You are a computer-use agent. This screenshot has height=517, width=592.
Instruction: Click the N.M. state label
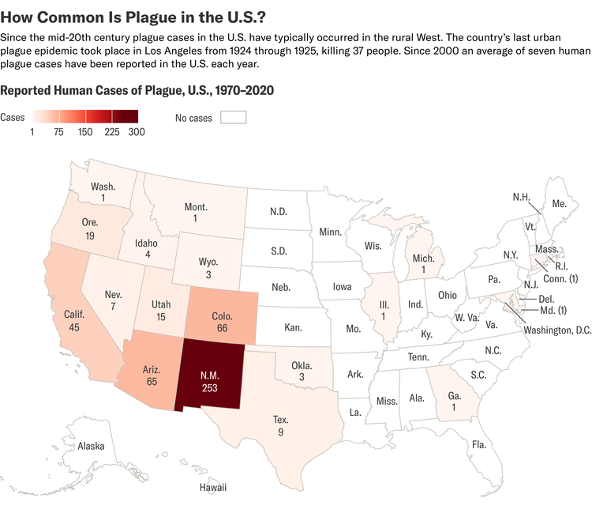click(x=210, y=373)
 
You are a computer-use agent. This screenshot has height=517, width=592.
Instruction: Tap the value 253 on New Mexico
click(x=210, y=387)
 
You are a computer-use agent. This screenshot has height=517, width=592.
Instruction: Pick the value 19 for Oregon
click(x=90, y=236)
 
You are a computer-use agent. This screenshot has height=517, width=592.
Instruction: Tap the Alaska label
click(x=91, y=447)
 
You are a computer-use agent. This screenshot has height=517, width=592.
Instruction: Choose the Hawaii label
click(x=212, y=488)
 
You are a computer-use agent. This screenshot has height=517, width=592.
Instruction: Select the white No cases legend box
click(x=234, y=118)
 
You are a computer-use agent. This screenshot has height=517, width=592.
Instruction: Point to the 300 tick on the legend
click(x=137, y=132)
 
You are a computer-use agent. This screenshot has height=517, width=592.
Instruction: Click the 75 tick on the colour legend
click(x=58, y=132)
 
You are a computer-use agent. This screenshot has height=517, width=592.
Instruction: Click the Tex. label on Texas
click(x=281, y=421)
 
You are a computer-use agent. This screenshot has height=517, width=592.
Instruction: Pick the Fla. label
click(x=478, y=444)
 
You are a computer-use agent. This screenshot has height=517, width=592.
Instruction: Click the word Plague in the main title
click(x=122, y=15)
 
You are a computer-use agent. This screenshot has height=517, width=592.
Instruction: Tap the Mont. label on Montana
click(x=196, y=206)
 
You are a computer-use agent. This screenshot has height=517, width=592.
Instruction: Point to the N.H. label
click(x=522, y=196)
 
